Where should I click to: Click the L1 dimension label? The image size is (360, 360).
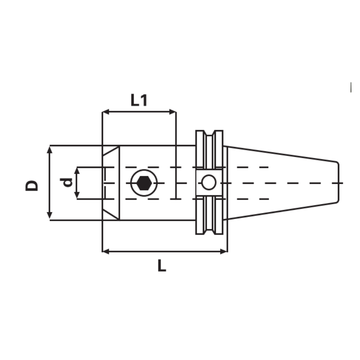point(139,100)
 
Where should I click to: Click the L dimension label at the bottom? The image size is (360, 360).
point(161,266)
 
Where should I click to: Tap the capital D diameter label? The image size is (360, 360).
point(32,185)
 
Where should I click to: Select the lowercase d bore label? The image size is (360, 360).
point(66,182)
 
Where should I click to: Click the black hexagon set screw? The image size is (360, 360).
point(143,183)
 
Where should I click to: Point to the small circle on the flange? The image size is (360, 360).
point(209,183)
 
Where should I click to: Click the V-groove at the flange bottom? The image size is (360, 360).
point(210,231)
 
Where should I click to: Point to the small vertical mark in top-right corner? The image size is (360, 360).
point(351,87)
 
